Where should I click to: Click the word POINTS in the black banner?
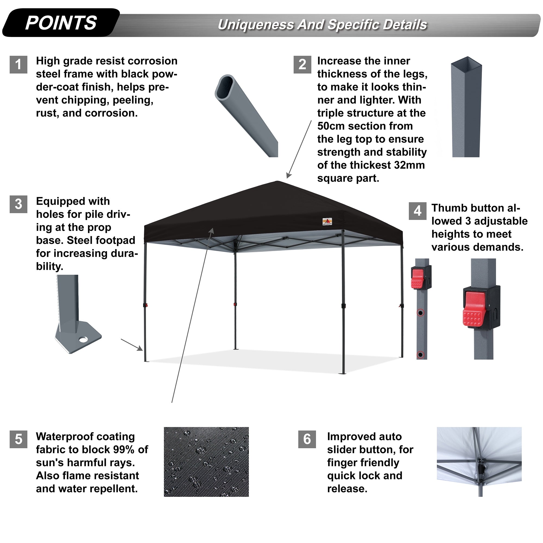pos(61,23)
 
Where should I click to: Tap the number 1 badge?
pos(18,64)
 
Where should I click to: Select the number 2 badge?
pos(302,64)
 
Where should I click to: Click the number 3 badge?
pos(18,204)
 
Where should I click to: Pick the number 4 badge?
pos(417,211)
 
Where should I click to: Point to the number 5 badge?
pos(18,439)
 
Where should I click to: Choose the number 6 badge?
pos(307,439)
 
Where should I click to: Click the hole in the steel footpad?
pos(83,340)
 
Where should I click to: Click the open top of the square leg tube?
pos(466,62)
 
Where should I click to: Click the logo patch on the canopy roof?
pos(327,222)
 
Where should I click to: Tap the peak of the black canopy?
pos(277,182)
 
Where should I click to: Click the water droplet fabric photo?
pos(206,462)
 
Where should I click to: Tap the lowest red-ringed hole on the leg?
pos(420,355)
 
